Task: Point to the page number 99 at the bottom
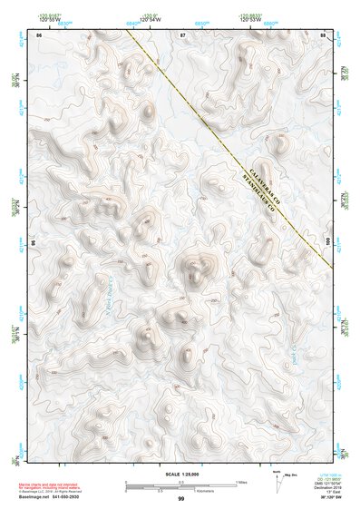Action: point(180,499)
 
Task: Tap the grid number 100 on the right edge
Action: point(326,239)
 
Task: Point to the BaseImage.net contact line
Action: point(55,497)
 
